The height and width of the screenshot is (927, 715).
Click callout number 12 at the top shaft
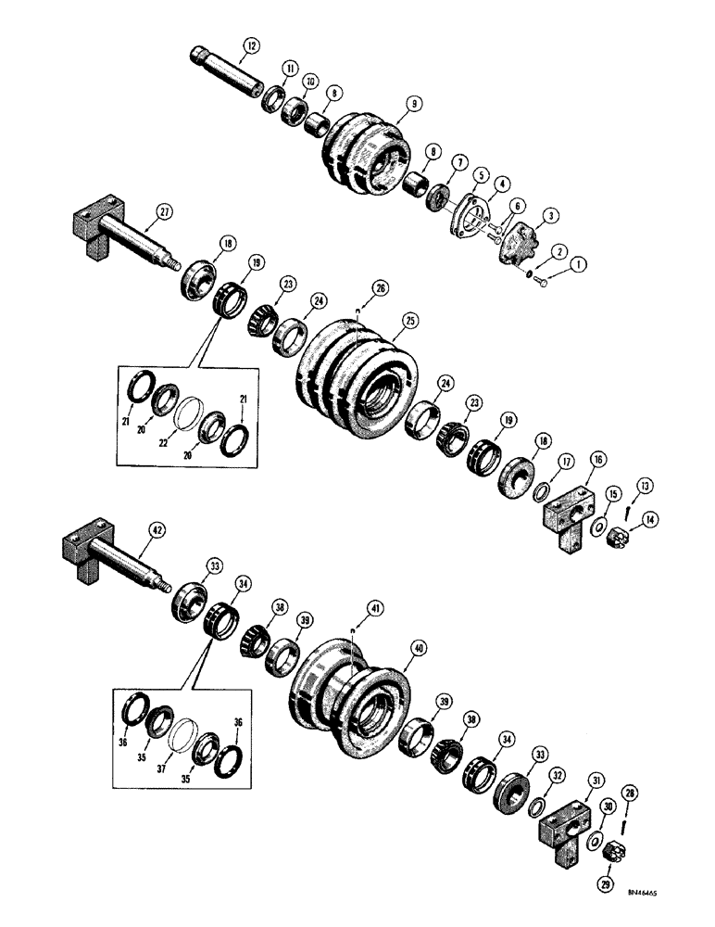pyautogui.click(x=252, y=44)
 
